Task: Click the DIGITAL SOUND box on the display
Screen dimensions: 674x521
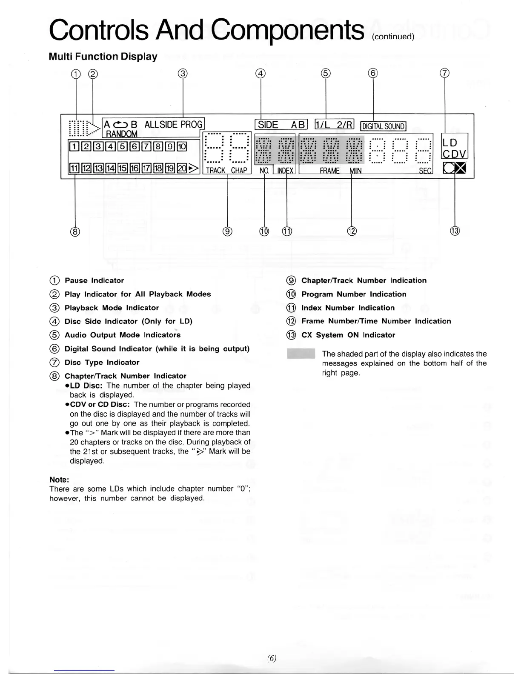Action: pyautogui.click(x=383, y=126)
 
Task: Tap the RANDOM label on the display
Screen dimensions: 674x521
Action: pyautogui.click(x=121, y=134)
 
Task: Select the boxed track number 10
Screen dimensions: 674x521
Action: pyautogui.click(x=182, y=147)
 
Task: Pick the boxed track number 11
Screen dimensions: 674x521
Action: pyautogui.click(x=74, y=168)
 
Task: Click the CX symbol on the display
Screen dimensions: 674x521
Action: pyautogui.click(x=454, y=168)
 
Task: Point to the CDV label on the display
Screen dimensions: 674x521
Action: pyautogui.click(x=455, y=154)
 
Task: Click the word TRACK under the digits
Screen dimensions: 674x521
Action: pyautogui.click(x=215, y=170)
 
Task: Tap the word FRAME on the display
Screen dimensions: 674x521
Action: pyautogui.click(x=329, y=171)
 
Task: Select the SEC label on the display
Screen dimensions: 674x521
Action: pyautogui.click(x=425, y=171)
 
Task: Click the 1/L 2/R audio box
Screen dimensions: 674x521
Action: pyautogui.click(x=334, y=124)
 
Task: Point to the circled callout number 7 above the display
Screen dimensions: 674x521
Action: pyautogui.click(x=444, y=73)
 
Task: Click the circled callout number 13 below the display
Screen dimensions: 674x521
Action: pyautogui.click(x=455, y=231)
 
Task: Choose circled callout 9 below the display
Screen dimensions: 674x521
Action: pyautogui.click(x=227, y=231)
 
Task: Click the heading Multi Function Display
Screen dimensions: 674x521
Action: pyautogui.click(x=103, y=57)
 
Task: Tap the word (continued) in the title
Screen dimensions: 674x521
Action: pyautogui.click(x=393, y=37)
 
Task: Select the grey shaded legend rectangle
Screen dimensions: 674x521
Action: pyautogui.click(x=301, y=354)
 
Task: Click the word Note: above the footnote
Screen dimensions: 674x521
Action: pyautogui.click(x=59, y=480)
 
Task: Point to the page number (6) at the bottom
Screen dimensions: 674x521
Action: pyautogui.click(x=272, y=658)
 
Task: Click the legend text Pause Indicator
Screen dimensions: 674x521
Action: pyautogui.click(x=94, y=280)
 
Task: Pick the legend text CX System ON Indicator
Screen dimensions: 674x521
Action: pyautogui.click(x=348, y=335)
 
